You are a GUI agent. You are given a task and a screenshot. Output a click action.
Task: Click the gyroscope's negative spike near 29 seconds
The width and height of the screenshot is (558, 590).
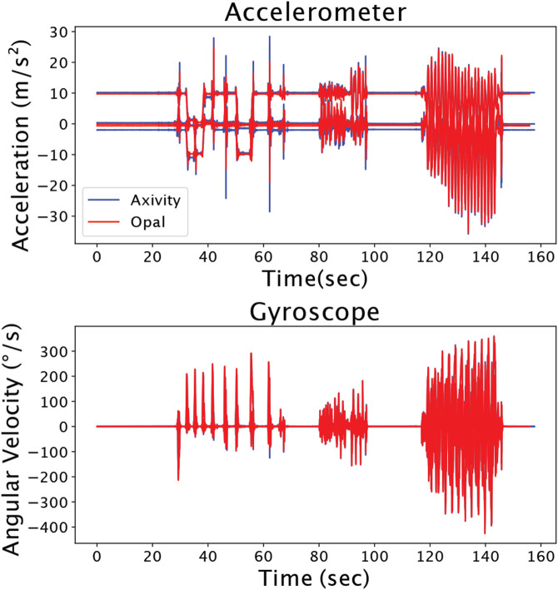(x=177, y=479)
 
